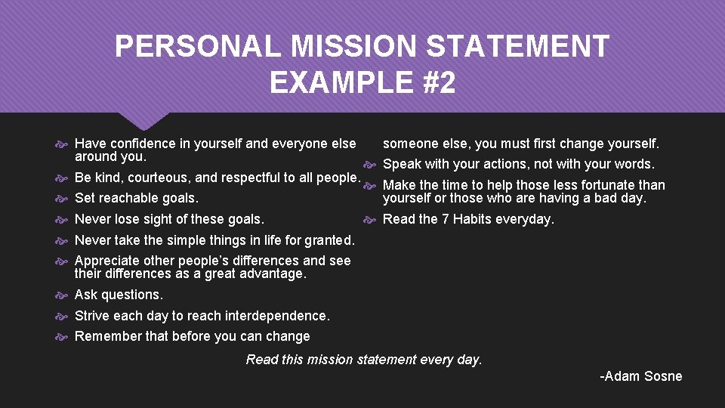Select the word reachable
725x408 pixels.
coord(129,198)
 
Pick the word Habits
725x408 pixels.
coord(473,219)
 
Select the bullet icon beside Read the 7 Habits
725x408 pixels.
coord(370,219)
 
